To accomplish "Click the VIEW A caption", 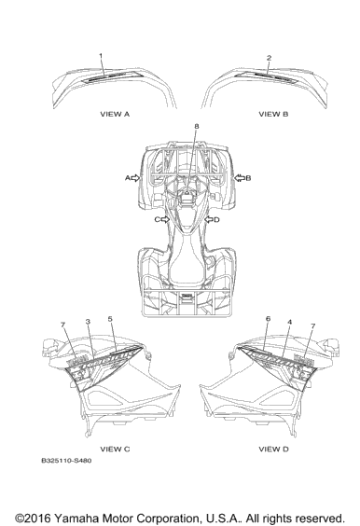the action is coord(115,114).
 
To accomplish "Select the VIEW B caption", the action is coord(273,114).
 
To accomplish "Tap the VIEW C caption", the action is coord(115,449).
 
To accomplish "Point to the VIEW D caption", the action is coord(273,449).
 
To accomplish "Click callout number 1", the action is coord(101,56).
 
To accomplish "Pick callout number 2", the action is coord(269,58).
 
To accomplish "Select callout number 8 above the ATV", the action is coord(197,126).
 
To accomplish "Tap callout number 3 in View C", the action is coord(88,322).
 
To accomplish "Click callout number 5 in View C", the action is coord(110,318).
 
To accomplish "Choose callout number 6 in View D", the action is coord(268,318).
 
